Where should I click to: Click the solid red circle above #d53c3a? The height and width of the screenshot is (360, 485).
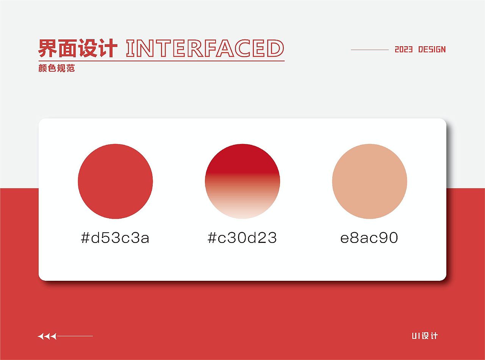pos(115,181)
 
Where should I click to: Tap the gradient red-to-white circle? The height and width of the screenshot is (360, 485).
pos(242,181)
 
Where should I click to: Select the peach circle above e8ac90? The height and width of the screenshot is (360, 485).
pos(369,181)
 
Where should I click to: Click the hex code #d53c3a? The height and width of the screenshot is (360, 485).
pos(115,238)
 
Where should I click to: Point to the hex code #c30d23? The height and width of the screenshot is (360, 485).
pos(242,238)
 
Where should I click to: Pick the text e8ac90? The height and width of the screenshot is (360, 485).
pos(369,238)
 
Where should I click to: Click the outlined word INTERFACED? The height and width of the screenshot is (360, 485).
pos(205,48)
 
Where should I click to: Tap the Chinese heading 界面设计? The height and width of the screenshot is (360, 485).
pos(78,48)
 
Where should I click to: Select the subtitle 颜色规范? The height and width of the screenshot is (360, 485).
pos(57,69)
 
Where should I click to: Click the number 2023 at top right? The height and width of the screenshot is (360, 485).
pos(404,50)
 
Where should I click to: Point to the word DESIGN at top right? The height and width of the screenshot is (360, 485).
pos(432,50)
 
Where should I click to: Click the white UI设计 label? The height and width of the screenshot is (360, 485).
pos(425,336)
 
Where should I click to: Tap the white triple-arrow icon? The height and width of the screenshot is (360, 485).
pos(47,336)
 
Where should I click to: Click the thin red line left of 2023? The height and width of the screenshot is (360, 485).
pos(370,50)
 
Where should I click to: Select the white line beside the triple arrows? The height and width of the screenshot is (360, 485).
pos(75,336)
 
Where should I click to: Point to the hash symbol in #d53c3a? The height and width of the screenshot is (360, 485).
pos(85,238)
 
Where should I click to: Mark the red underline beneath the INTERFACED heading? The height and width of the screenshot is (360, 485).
pos(161,61)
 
